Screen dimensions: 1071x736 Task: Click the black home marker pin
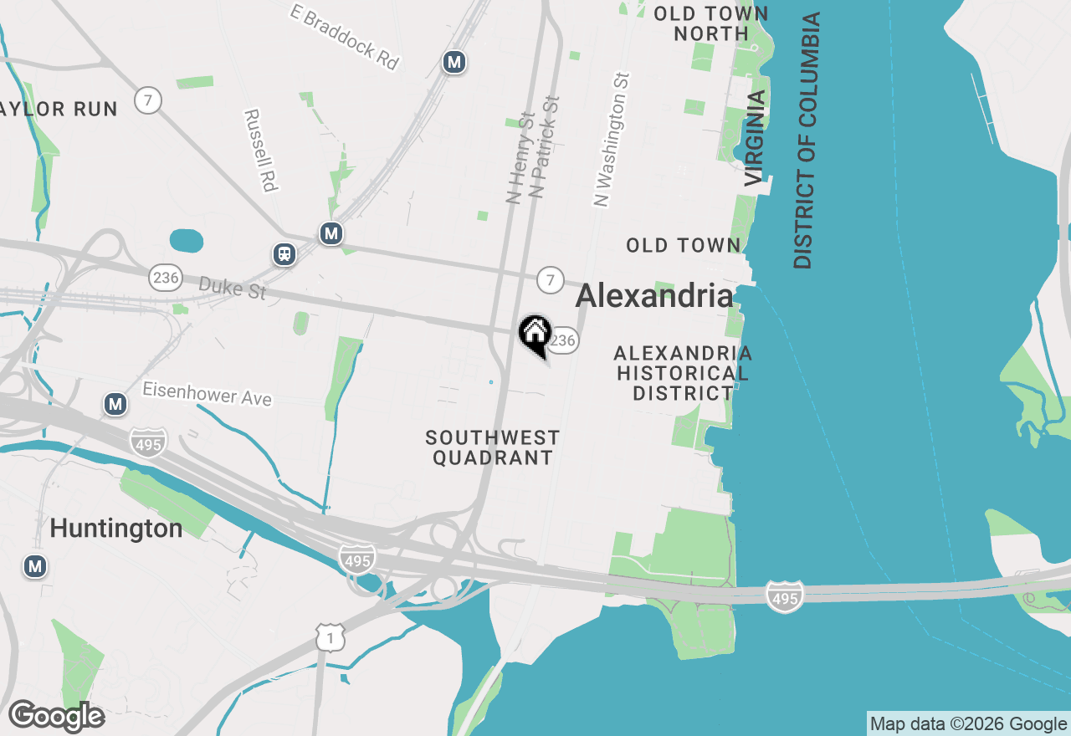point(535,335)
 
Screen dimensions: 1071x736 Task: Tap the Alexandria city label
point(654,295)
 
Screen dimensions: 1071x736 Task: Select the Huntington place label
point(116,529)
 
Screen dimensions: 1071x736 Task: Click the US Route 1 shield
point(331,637)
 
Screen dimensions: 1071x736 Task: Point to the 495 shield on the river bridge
point(784,596)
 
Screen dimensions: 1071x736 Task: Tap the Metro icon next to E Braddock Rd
point(454,62)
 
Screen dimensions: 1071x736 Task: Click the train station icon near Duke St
point(284,253)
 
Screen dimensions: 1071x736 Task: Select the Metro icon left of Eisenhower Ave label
point(115,405)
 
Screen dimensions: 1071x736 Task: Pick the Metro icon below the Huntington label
point(34,566)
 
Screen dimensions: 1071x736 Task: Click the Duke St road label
point(233,289)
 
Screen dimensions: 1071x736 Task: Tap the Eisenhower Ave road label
point(207,393)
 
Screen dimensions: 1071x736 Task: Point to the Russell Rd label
point(260,150)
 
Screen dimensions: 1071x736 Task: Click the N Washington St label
point(612,139)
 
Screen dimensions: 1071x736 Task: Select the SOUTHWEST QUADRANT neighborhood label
point(492,447)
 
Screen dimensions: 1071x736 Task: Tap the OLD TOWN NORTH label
point(711,23)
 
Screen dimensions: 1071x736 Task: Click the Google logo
point(56,716)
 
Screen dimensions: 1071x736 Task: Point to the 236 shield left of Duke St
point(166,277)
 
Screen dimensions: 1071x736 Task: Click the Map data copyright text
point(968,723)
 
